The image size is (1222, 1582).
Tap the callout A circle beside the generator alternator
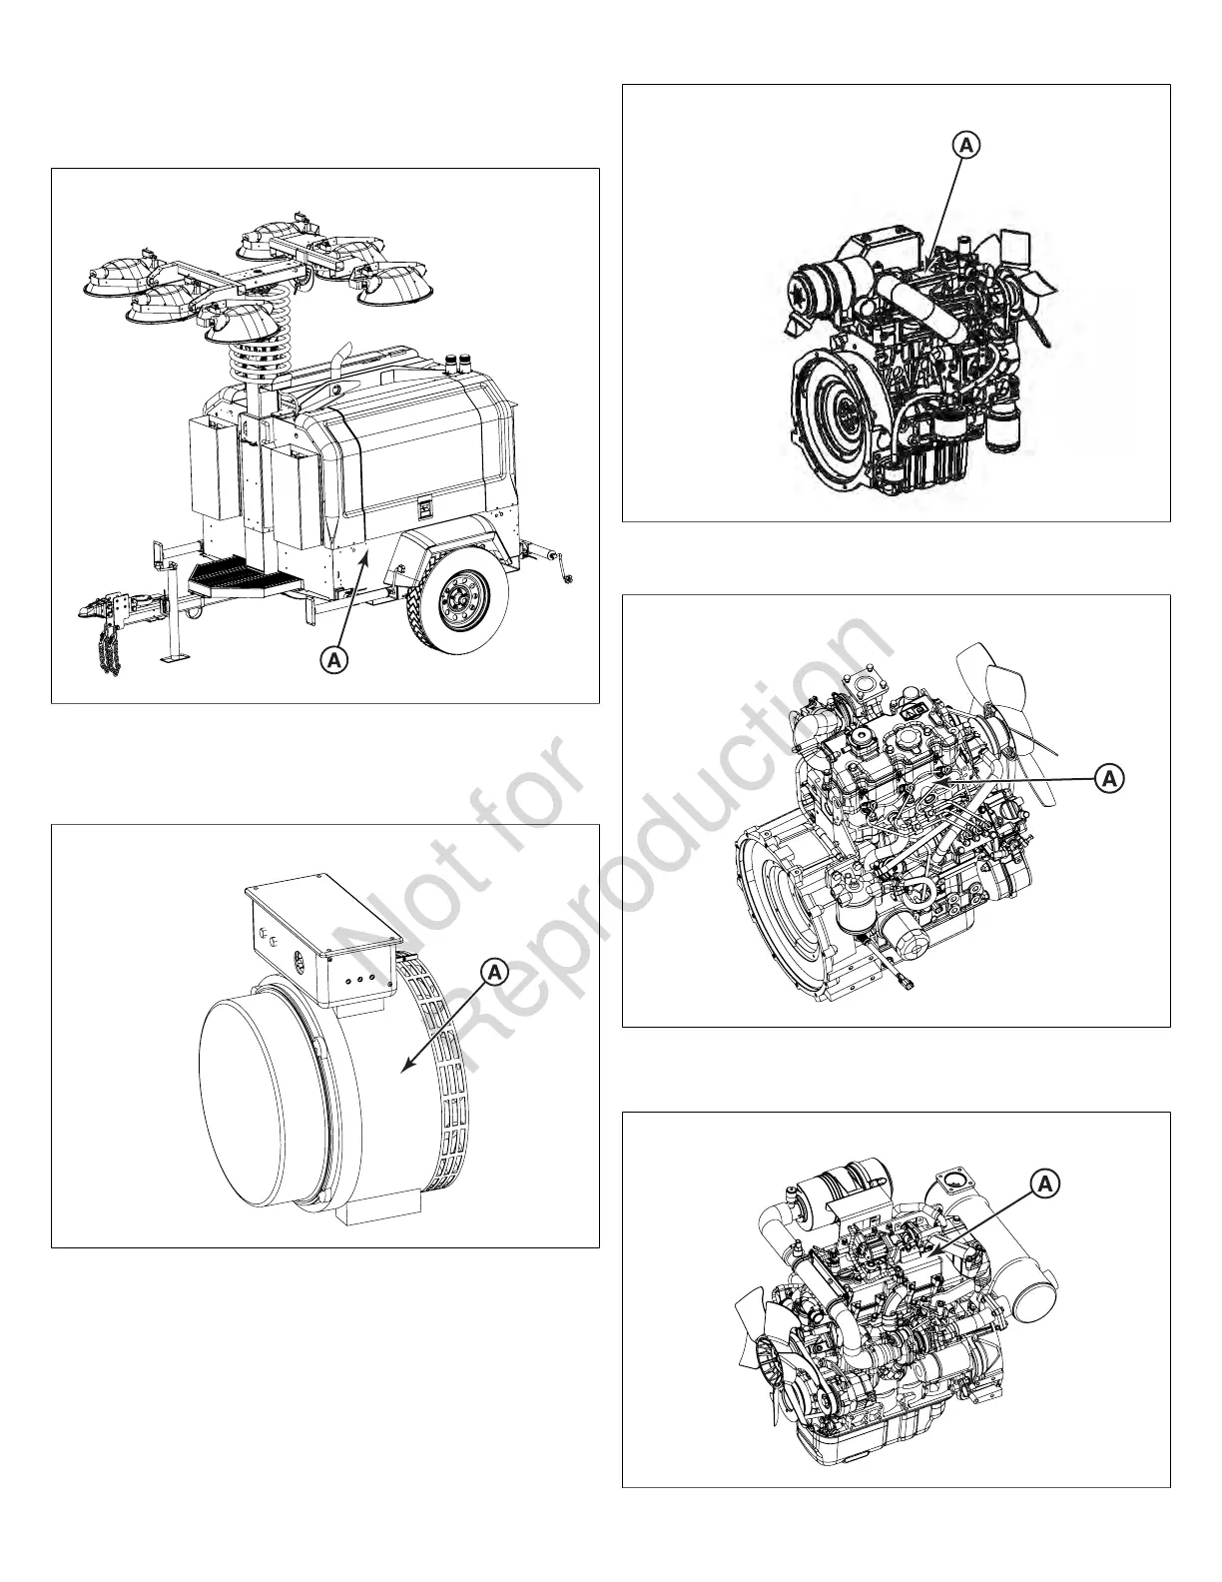495,970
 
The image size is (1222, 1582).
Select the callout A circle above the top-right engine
965,145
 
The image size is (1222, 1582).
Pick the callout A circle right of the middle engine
1108,778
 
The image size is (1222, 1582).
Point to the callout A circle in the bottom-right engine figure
1044,1185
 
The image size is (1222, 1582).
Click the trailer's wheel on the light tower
461,600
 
